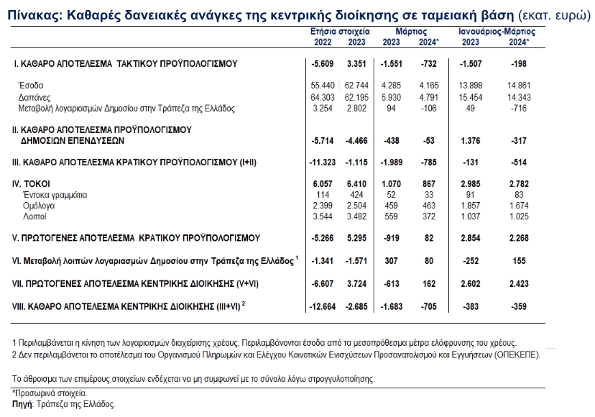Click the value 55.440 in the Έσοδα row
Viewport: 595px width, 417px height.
pyautogui.click(x=323, y=86)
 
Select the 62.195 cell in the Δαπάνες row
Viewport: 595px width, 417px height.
pyautogui.click(x=356, y=97)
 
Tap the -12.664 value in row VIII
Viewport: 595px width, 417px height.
pyautogui.click(x=322, y=306)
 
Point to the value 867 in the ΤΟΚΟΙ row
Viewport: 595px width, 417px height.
pyautogui.click(x=429, y=184)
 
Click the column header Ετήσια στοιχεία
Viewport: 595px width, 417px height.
pyautogui.click(x=340, y=32)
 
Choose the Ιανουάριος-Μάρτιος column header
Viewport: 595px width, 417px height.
pyautogui.click(x=497, y=32)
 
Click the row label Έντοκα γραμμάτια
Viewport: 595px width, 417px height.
pyautogui.click(x=55, y=196)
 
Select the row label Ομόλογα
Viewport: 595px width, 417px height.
pyautogui.click(x=39, y=206)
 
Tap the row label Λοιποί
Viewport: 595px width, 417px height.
pyautogui.click(x=34, y=216)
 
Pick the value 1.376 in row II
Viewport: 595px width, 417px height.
pyautogui.click(x=471, y=141)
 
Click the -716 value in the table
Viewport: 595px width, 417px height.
pyautogui.click(x=519, y=109)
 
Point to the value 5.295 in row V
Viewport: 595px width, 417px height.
pyautogui.click(x=356, y=238)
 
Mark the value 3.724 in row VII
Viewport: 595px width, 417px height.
pyautogui.click(x=356, y=284)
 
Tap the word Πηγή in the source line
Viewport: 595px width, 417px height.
pyautogui.click(x=22, y=404)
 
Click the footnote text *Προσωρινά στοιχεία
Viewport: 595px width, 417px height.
pyautogui.click(x=50, y=393)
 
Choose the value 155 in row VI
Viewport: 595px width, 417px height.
pyautogui.click(x=519, y=261)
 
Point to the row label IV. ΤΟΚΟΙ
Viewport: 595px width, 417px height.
pyautogui.click(x=31, y=184)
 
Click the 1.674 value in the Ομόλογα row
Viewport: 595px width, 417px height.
pyautogui.click(x=519, y=206)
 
